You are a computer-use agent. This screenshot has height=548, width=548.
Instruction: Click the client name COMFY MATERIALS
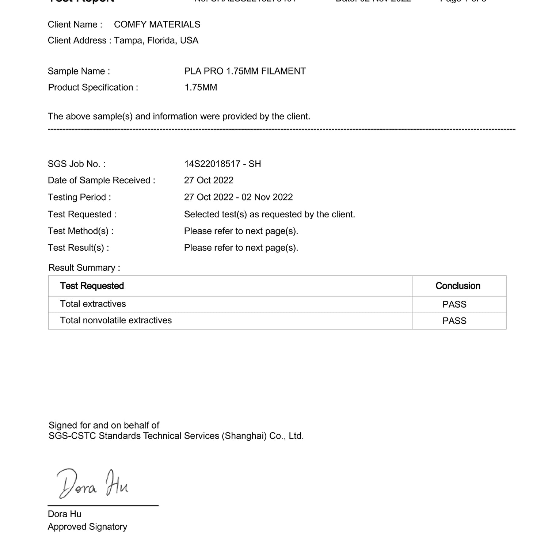[x=157, y=24]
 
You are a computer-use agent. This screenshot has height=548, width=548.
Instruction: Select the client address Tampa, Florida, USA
[x=156, y=41]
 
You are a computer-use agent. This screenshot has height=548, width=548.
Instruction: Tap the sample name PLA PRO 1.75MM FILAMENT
[x=245, y=71]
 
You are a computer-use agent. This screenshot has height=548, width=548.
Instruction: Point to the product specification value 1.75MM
[x=201, y=88]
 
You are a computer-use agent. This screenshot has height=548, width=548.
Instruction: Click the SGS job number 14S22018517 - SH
[x=222, y=164]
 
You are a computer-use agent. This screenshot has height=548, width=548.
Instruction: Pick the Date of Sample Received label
[x=101, y=180]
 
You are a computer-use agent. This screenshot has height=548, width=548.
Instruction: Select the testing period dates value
[x=238, y=197]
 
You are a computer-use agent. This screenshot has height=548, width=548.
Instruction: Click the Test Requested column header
[x=92, y=286]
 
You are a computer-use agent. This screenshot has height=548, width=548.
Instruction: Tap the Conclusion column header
[x=458, y=286]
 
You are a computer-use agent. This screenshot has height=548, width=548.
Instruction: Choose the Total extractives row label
[x=93, y=304]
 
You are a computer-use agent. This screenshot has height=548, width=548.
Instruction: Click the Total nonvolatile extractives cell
[x=116, y=320]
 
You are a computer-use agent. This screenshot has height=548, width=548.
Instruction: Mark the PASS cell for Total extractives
[x=454, y=304]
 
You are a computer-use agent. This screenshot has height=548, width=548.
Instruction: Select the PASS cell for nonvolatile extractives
[x=454, y=321]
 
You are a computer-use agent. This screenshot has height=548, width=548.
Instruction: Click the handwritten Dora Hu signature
[x=92, y=484]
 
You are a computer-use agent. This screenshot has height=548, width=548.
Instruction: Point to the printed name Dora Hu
[x=65, y=514]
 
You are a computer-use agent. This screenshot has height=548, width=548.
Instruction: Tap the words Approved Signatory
[x=87, y=527]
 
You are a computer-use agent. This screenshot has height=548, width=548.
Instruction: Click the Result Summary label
[x=84, y=268]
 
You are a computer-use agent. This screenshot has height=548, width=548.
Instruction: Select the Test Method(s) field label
[x=80, y=231]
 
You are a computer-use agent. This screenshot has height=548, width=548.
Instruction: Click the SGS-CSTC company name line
[x=176, y=436]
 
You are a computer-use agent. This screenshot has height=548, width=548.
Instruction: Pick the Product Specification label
[x=93, y=88]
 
